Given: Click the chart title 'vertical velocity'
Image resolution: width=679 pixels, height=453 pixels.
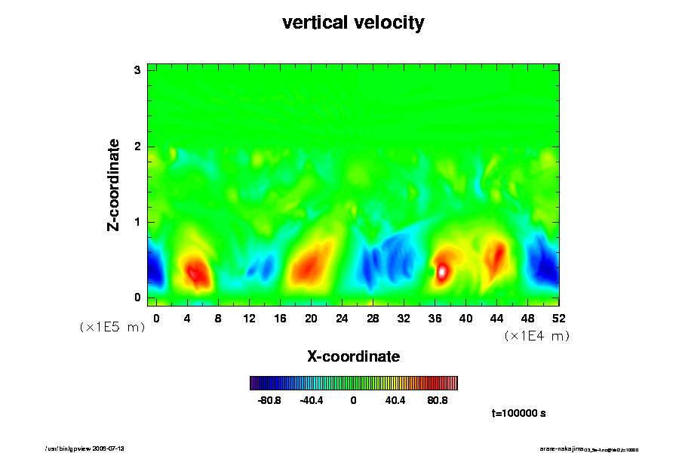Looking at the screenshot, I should [353, 23].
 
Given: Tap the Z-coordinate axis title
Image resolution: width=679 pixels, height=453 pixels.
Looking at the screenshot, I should [115, 183].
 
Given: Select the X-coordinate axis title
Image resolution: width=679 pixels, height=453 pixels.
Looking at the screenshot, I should [353, 356].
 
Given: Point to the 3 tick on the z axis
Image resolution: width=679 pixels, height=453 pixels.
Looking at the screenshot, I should [138, 70].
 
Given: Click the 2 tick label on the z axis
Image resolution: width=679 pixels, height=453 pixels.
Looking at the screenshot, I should [138, 146].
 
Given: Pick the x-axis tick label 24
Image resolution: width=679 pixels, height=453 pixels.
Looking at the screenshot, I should [341, 318].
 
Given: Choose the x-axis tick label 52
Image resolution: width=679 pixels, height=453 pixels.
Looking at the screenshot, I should [559, 318].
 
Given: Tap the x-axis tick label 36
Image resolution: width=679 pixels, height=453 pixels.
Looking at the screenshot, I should [435, 318].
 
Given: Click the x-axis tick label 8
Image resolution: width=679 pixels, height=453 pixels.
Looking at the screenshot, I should [218, 318].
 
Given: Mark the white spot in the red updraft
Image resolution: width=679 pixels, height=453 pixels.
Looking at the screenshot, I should [443, 270].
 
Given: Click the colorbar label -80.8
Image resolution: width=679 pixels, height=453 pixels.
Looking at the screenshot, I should [269, 401].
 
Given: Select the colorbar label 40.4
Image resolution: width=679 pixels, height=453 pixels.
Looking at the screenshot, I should [395, 401].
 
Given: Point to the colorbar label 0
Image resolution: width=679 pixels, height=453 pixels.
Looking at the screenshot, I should [353, 401].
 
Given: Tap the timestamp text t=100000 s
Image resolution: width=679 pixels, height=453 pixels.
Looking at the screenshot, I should [518, 414].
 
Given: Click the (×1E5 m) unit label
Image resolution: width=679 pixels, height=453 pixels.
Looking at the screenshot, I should [112, 327].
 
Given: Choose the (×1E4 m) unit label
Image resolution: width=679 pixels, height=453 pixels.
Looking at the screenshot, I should [536, 336].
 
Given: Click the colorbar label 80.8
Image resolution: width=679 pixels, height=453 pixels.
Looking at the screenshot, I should [438, 401].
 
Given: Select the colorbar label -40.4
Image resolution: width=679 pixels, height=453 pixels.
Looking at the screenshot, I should [312, 401].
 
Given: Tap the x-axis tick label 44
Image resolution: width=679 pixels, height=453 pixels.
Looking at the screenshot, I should [496, 318].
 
